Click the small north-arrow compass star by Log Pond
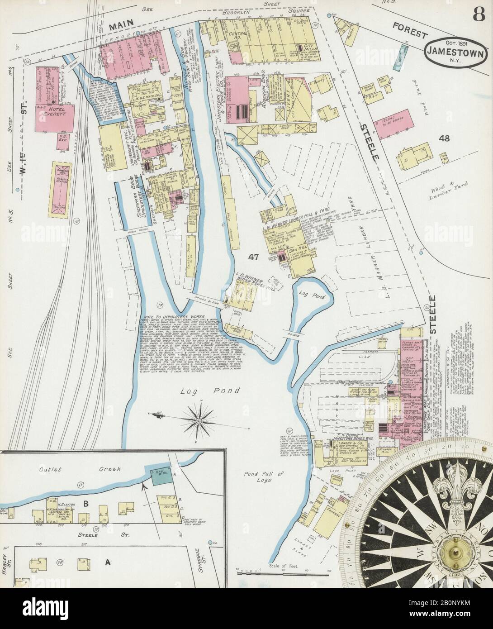pyautogui.click(x=198, y=414)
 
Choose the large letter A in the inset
pyautogui.click(x=108, y=562)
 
